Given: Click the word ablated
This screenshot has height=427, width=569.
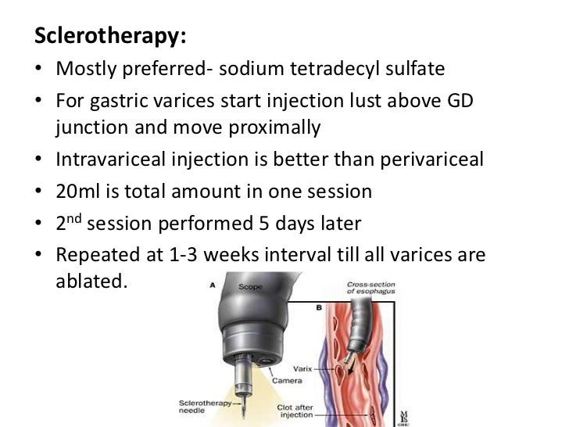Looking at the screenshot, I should [90, 282].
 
